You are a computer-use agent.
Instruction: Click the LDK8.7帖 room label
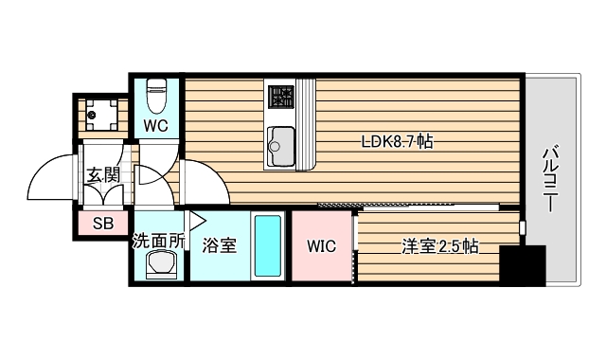tap(398, 143)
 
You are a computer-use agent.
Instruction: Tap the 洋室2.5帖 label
tap(439, 247)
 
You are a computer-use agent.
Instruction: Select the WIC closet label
tap(321, 246)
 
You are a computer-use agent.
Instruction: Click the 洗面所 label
tap(157, 241)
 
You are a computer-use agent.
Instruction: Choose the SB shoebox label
tap(103, 225)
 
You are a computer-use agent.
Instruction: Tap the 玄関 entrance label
tap(102, 174)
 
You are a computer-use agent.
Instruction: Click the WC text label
tap(156, 124)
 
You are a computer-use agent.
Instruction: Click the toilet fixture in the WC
tap(158, 95)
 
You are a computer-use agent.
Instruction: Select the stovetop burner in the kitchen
tap(281, 96)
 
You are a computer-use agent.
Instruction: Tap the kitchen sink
tap(281, 140)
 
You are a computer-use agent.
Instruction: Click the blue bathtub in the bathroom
tap(268, 245)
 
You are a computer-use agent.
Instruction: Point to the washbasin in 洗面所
tap(160, 266)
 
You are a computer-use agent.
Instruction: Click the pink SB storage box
tap(103, 225)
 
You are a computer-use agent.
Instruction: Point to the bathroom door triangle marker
tap(197, 221)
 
